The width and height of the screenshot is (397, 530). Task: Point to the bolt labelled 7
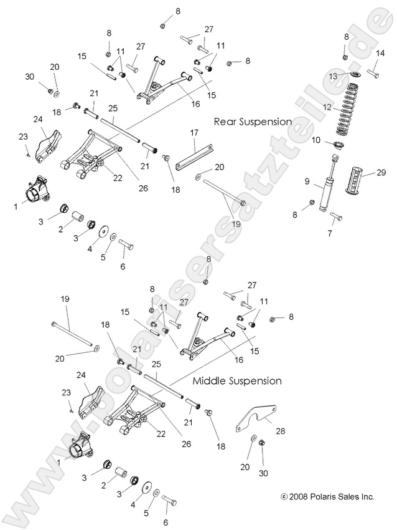pos(336,217)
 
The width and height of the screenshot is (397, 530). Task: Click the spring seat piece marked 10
pos(339,146)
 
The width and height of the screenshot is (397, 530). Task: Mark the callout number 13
pos(334,75)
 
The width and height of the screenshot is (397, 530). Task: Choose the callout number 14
pos(380,53)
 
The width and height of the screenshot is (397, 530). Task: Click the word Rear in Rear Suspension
pos(225,122)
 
